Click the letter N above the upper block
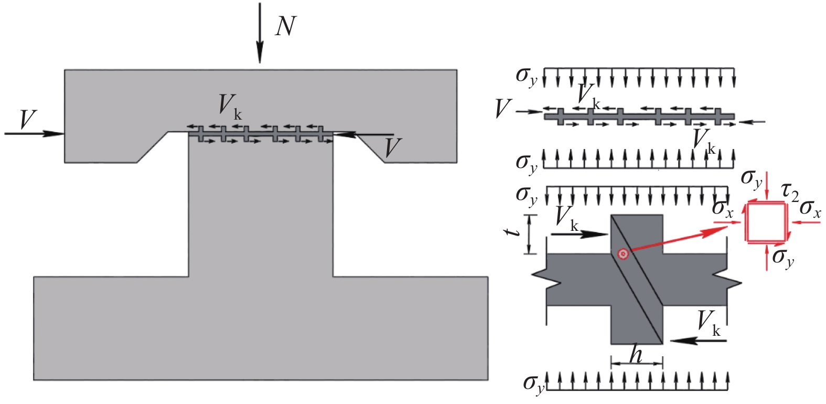(286, 27)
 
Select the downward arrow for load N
(260, 33)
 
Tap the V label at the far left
(28, 120)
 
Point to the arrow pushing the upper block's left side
(35, 134)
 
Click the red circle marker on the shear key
(623, 254)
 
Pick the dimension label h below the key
(636, 354)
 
